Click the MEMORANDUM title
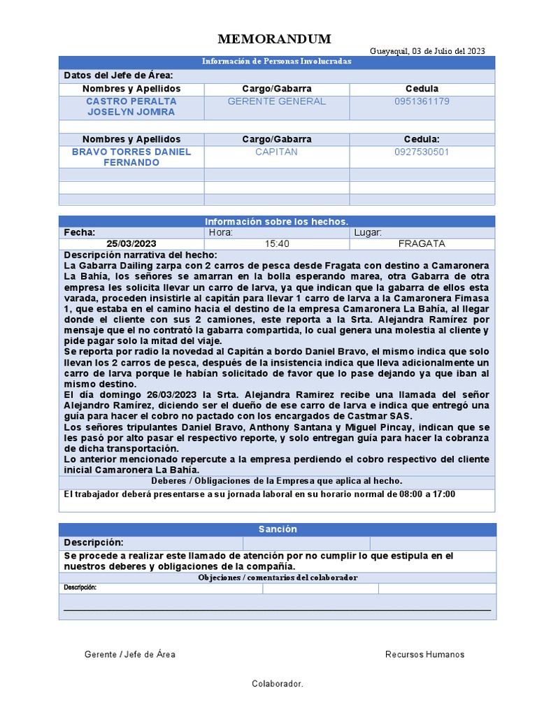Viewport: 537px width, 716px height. coord(274,38)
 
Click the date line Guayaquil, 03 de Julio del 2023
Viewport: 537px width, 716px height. coord(427,51)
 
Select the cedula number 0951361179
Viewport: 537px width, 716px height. coord(422,101)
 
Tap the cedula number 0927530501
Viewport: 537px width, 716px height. coord(422,152)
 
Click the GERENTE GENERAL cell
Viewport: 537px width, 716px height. coord(277,101)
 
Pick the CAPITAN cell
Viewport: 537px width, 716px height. coord(277,152)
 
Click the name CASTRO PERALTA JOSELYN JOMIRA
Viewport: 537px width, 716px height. coord(131,106)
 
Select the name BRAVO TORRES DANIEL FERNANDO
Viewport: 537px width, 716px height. coord(131,157)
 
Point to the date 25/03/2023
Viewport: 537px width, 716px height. coord(131,243)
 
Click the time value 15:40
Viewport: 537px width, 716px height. coord(277,243)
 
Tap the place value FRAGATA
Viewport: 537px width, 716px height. coord(422,243)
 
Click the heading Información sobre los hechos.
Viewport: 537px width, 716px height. coord(277,222)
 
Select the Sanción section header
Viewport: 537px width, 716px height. coord(278,529)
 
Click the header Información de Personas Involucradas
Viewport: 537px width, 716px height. coord(277,62)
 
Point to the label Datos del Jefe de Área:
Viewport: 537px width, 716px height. coord(119,76)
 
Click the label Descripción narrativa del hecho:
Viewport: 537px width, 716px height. coord(141,255)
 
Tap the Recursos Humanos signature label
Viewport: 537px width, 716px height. coord(424,654)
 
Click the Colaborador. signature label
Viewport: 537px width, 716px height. coord(278,684)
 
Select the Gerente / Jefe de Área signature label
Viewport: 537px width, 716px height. coord(130,654)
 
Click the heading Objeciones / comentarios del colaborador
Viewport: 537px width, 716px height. coord(278,578)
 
